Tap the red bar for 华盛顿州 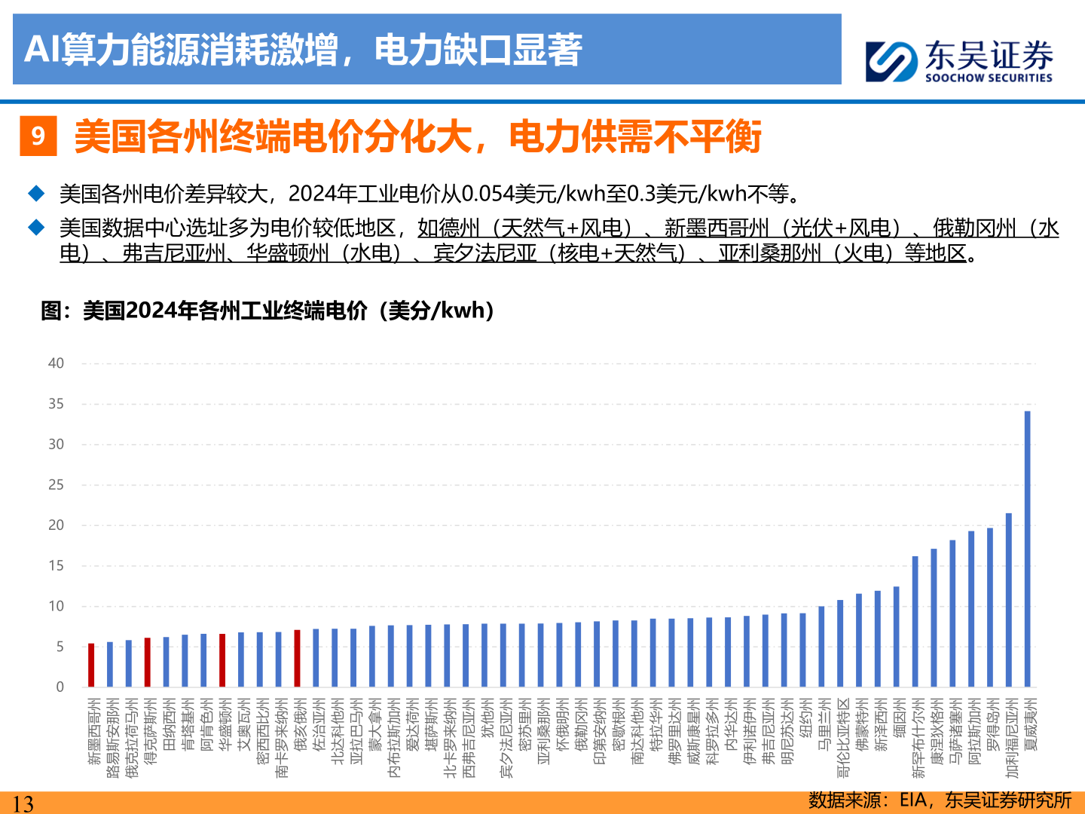click(222, 660)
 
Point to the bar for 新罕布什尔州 click(915, 621)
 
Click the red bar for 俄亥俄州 click(298, 658)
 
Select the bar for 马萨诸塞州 click(952, 614)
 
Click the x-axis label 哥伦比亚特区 click(842, 738)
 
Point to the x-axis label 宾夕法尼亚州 click(506, 738)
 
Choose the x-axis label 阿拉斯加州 click(973, 732)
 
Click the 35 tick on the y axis click(57, 404)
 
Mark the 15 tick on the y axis click(57, 566)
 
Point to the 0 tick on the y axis click(60, 687)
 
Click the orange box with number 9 click(38, 136)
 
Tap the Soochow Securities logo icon click(891, 61)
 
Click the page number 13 click(23, 803)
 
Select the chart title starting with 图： click(268, 311)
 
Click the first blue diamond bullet click(36, 194)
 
